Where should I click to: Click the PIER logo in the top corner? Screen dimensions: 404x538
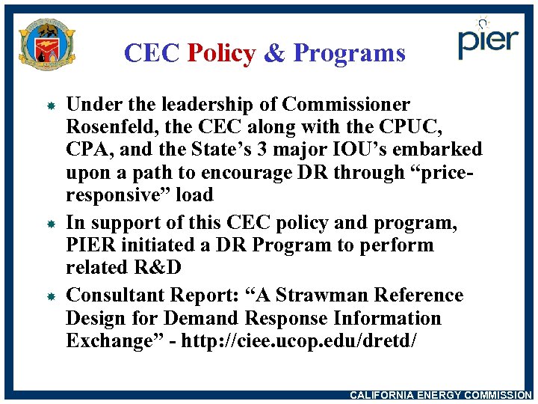[x=488, y=38]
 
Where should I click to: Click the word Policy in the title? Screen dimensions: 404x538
[x=221, y=53]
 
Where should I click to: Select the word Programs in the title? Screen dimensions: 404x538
[x=349, y=53]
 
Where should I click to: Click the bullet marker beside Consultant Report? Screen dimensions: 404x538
[x=46, y=297]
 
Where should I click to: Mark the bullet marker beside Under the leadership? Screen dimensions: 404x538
[x=46, y=105]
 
